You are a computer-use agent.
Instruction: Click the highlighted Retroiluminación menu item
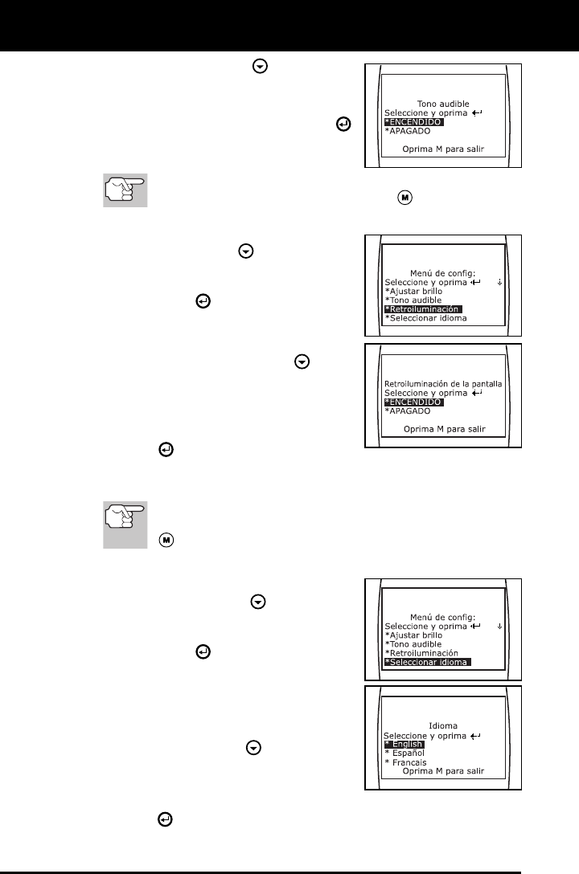coord(425,308)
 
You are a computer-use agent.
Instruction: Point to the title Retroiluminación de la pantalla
coord(443,384)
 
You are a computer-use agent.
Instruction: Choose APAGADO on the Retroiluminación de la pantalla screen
coord(409,410)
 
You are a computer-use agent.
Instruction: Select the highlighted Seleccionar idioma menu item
coord(427,662)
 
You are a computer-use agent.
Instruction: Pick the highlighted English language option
coord(404,744)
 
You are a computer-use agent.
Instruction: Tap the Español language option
coord(405,753)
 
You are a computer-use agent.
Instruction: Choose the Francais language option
coord(407,762)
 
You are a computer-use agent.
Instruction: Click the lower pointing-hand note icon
coord(125,526)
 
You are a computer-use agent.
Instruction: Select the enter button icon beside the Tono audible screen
coord(344,125)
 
